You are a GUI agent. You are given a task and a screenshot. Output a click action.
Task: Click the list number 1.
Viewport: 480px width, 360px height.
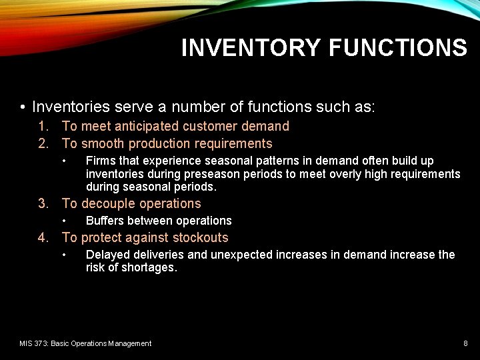[x=43, y=126]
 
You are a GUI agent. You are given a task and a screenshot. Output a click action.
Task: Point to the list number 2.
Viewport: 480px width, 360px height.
[x=43, y=143]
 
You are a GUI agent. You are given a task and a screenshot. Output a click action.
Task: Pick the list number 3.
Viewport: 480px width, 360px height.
[x=43, y=203]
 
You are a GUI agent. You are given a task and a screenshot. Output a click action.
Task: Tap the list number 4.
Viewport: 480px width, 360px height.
[x=43, y=237]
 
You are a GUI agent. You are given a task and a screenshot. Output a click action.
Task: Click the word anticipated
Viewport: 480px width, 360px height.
[x=146, y=126]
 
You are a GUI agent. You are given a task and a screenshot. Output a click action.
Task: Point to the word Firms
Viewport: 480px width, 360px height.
[x=100, y=161]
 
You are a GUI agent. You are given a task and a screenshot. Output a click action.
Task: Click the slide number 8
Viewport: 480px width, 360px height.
[x=465, y=343]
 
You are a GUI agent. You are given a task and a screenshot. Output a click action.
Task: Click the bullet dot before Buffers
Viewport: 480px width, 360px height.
[x=65, y=221]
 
